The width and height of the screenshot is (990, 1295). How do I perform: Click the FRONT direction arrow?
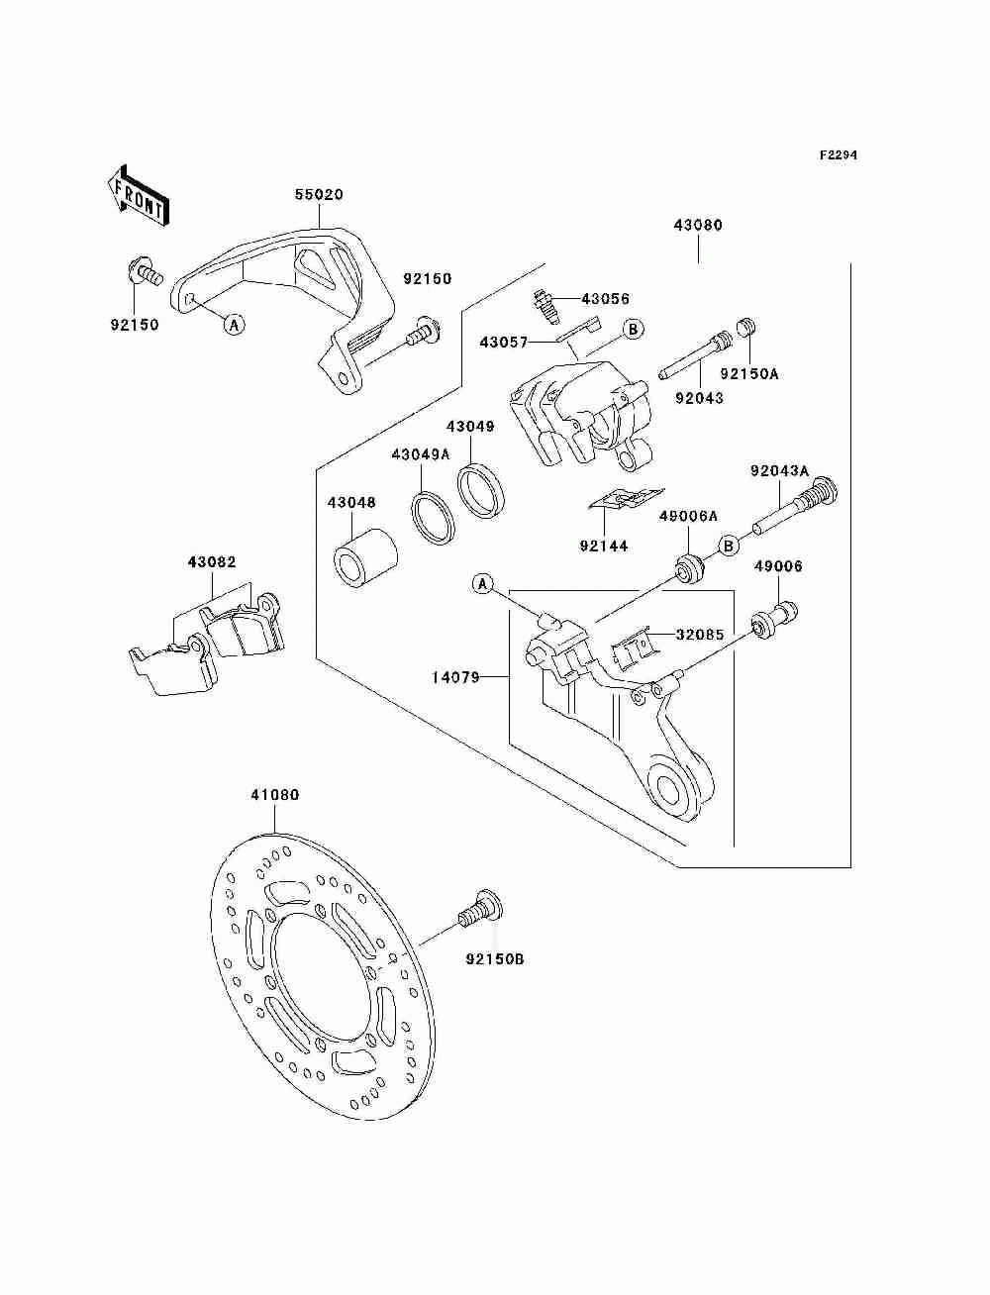point(138,195)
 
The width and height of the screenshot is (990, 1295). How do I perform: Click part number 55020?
point(319,194)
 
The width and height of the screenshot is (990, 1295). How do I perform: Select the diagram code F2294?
point(838,155)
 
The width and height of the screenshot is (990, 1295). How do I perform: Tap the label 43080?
point(698,225)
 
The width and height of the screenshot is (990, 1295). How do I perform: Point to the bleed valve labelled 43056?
point(544,305)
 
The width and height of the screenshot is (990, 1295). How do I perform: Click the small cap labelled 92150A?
point(747,327)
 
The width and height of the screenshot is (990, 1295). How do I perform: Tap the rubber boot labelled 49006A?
point(688,567)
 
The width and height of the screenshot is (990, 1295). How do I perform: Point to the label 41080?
point(275,795)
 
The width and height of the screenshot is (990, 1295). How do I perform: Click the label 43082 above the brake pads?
point(212,562)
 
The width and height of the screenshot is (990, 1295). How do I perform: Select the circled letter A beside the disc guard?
point(235,324)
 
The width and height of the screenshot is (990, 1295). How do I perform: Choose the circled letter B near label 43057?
point(633,329)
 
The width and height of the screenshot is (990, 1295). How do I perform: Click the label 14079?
point(455,678)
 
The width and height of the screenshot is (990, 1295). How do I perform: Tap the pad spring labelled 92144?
point(627,500)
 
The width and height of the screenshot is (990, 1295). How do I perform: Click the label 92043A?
point(779,470)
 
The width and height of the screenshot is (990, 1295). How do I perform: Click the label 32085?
point(700,635)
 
